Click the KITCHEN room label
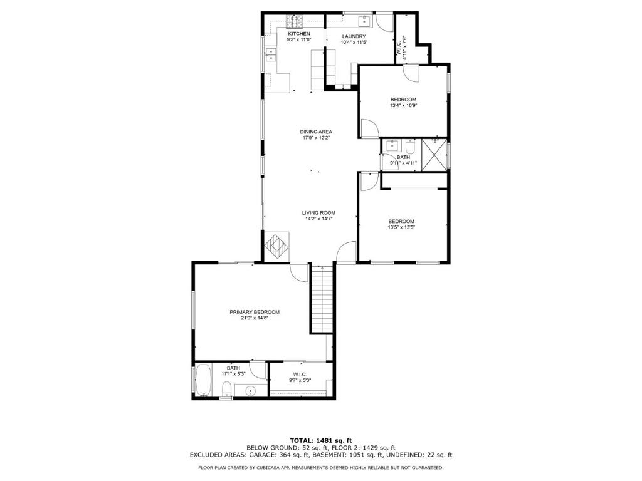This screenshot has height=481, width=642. [x=298, y=33]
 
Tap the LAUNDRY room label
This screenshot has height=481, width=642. [x=354, y=36]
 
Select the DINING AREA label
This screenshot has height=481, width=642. [x=316, y=132]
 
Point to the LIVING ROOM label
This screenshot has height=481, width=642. [x=318, y=212]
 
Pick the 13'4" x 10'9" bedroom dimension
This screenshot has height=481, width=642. [x=403, y=106]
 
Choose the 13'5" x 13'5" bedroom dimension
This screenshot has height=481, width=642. [x=401, y=227]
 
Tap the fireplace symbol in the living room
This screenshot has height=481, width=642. [x=277, y=246]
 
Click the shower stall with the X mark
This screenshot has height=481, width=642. [x=434, y=153]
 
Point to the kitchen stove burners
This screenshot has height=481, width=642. [x=293, y=21]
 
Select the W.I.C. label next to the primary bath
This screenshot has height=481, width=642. [x=299, y=375]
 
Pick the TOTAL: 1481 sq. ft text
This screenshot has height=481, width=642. [x=320, y=439]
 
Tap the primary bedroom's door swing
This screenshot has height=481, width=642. [x=300, y=271]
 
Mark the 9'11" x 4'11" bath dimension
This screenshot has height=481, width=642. [x=403, y=163]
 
